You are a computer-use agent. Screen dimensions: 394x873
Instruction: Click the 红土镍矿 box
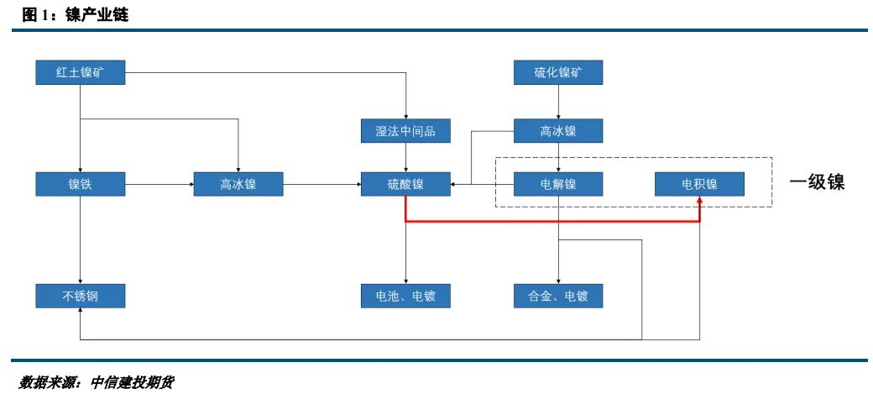(80, 73)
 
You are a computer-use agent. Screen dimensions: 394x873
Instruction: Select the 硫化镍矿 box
(558, 73)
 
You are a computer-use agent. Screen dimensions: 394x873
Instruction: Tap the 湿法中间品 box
(405, 131)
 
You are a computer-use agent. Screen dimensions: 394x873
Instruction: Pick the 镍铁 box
(80, 184)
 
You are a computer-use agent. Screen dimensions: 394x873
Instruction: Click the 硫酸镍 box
(405, 184)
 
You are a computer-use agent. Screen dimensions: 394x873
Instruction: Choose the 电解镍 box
(558, 184)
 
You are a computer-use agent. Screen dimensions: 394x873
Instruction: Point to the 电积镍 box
(699, 184)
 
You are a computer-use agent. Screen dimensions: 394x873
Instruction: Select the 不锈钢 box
(80, 296)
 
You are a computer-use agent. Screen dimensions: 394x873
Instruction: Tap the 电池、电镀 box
(405, 296)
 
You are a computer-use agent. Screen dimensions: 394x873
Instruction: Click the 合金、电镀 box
(558, 296)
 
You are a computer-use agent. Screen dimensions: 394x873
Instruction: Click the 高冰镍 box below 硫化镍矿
(558, 131)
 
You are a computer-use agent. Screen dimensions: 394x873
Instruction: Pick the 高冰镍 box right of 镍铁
(238, 184)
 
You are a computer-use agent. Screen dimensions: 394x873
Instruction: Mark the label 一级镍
(817, 183)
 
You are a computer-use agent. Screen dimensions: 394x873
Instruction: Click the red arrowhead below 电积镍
(699, 202)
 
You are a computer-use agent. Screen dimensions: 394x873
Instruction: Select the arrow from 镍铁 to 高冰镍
(159, 184)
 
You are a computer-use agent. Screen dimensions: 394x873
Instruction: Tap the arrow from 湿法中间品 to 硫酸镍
(405, 157)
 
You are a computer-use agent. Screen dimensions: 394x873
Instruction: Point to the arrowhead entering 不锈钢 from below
(80, 313)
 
